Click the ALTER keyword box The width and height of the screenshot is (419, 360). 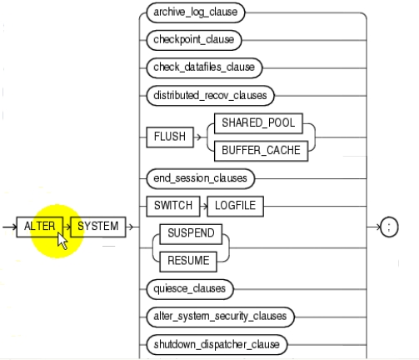click(40, 227)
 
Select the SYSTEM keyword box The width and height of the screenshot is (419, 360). click(98, 227)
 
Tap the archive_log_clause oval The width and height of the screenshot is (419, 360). click(196, 12)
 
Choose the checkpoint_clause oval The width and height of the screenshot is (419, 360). click(194, 40)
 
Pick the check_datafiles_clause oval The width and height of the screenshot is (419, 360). click(204, 67)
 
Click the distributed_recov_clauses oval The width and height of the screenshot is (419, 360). click(210, 96)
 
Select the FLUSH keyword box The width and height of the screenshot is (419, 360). click(170, 137)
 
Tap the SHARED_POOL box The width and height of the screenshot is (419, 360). click(258, 123)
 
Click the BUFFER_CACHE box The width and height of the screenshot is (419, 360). click(262, 151)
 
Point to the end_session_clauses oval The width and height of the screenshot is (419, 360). click(200, 178)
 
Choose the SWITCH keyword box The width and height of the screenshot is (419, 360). click(173, 207)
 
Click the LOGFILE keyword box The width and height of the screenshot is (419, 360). click(236, 207)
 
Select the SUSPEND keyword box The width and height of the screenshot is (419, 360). click(191, 234)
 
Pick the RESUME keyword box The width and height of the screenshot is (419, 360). click(188, 262)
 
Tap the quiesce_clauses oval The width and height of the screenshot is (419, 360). click(190, 289)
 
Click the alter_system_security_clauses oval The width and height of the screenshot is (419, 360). click(220, 317)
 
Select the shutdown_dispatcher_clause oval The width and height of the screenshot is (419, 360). click(217, 345)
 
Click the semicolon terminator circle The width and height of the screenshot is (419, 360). click(389, 227)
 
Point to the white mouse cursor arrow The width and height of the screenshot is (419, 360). click(62, 241)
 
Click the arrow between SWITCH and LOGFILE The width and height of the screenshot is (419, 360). click(204, 207)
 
